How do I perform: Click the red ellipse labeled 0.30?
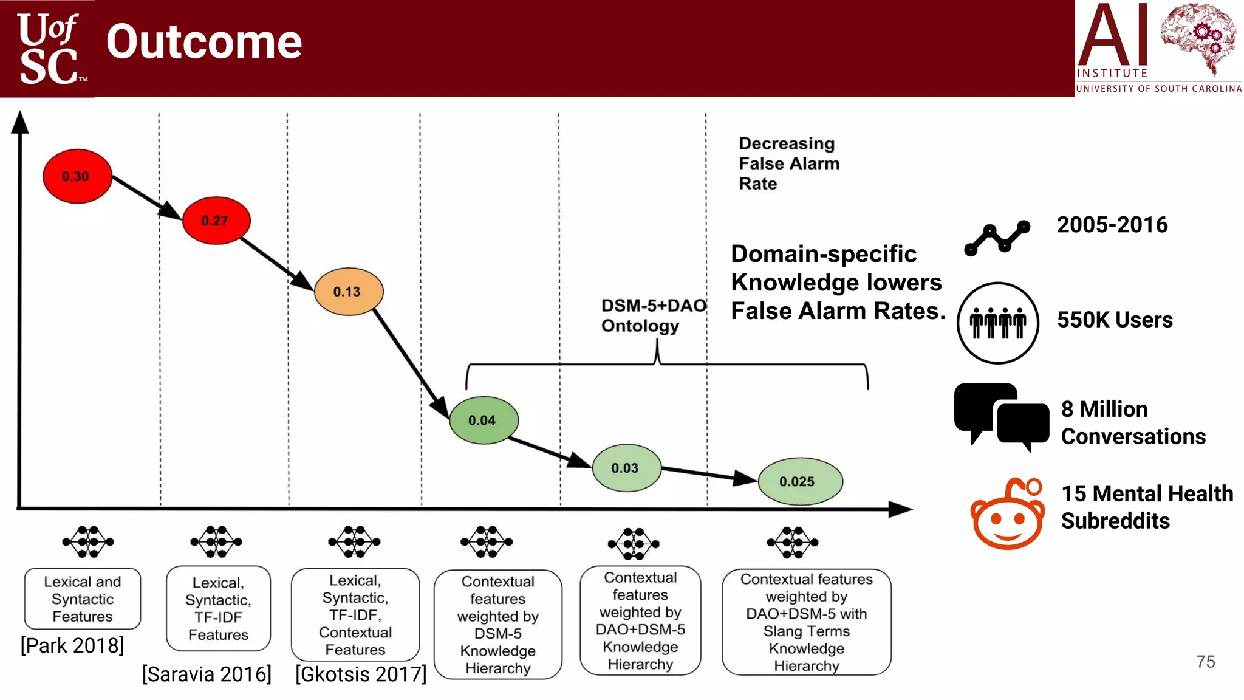pyautogui.click(x=77, y=176)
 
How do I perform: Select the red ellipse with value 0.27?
pyautogui.click(x=216, y=221)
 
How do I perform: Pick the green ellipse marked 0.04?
pyautogui.click(x=484, y=420)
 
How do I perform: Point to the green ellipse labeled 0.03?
pyautogui.click(x=626, y=468)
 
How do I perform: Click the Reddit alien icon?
pyautogui.click(x=1008, y=515)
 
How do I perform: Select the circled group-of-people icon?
pyautogui.click(x=997, y=323)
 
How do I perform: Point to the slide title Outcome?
pyautogui.click(x=204, y=42)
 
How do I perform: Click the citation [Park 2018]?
pyautogui.click(x=72, y=645)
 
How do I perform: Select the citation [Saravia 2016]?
pyautogui.click(x=207, y=674)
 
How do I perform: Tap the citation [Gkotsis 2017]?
pyautogui.click(x=361, y=674)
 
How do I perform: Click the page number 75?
pyautogui.click(x=1206, y=662)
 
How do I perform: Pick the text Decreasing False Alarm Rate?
pyautogui.click(x=788, y=163)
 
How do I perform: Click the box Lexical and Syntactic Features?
pyautogui.click(x=83, y=599)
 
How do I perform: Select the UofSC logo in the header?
pyautogui.click(x=48, y=49)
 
